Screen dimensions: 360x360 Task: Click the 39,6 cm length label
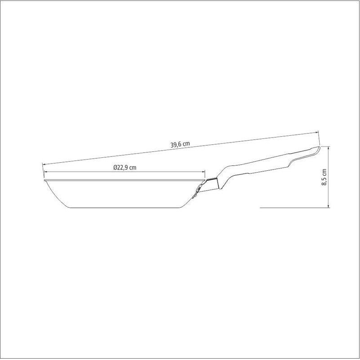pos(180,144)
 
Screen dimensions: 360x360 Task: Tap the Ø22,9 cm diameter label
pos(124,168)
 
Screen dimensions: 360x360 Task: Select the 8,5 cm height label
pos(324,177)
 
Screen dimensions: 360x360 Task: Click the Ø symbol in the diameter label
pos(115,168)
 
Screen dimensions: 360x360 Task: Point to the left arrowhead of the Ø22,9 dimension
pos(46,172)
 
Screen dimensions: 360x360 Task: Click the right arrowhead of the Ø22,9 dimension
pos(203,172)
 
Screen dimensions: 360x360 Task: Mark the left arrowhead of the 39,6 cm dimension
pos(44,164)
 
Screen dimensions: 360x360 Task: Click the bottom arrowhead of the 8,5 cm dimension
pos(329,205)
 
